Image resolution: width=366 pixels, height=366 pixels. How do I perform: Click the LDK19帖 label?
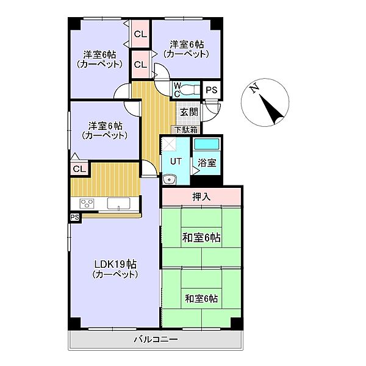[115, 264]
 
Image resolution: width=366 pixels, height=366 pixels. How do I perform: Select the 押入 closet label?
[201, 197]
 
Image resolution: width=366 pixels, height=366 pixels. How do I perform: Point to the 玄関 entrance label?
[188, 112]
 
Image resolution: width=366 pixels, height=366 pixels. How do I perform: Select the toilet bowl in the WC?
[188, 90]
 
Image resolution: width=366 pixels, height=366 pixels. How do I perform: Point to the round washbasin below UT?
[169, 179]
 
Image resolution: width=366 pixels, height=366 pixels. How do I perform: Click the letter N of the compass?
[254, 90]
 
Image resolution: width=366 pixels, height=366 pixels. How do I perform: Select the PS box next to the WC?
[211, 90]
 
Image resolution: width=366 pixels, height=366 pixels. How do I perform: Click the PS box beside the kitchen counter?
[74, 217]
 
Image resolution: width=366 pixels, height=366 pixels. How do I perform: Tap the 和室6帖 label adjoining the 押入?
[201, 238]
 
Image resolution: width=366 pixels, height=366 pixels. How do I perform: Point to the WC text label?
[176, 90]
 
